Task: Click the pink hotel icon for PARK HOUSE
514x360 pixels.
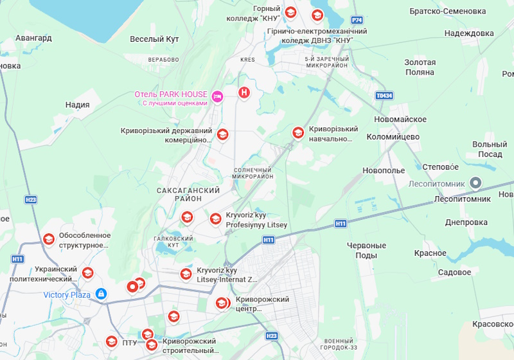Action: point(218,96)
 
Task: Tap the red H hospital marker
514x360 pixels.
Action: point(244,93)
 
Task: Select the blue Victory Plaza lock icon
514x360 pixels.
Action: point(101,294)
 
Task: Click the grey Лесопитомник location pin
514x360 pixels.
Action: point(476,184)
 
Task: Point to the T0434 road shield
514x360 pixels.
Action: point(384,96)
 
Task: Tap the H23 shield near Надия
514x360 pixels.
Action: point(31,200)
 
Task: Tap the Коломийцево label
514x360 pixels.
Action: point(393,137)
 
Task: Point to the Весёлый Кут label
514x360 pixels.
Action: point(154,39)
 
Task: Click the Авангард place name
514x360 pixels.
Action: point(33,38)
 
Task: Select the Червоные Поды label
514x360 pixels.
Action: point(366,251)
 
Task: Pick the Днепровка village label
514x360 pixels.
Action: point(466,222)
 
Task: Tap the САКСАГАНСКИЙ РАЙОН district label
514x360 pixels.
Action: point(188,195)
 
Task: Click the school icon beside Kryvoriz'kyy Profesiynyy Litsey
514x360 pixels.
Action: point(215,219)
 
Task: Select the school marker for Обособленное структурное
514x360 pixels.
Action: point(48,240)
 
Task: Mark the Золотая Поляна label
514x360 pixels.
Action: point(420,67)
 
